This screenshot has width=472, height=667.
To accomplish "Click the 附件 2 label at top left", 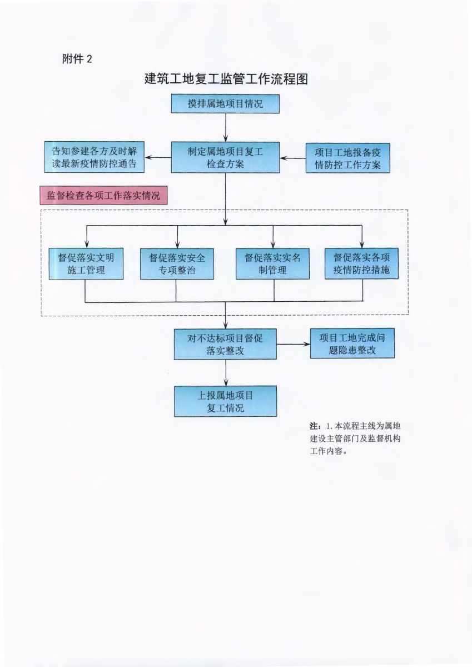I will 77,59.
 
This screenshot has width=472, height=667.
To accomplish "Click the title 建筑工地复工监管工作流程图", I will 226,79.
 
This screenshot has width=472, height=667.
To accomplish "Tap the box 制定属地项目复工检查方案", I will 225,157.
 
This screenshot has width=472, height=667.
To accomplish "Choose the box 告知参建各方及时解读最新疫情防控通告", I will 95,157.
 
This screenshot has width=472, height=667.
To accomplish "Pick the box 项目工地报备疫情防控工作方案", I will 347,158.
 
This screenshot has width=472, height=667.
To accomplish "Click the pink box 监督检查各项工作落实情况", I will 103,196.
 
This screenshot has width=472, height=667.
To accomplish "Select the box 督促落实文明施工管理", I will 86,263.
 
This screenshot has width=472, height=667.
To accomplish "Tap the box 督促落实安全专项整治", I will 177,263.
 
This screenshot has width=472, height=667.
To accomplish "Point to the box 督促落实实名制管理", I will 272,263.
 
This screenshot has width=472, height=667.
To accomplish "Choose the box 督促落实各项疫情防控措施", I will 362,263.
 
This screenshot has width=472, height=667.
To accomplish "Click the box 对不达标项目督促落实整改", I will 225,344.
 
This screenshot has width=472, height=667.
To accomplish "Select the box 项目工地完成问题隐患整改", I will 352,344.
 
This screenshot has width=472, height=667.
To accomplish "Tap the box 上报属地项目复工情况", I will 225,401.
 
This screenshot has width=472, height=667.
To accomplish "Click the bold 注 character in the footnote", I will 314,426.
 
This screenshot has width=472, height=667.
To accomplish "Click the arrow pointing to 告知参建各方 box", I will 158,157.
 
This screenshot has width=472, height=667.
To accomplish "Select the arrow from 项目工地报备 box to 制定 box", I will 292,158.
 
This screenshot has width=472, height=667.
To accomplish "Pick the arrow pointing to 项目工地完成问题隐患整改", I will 293,344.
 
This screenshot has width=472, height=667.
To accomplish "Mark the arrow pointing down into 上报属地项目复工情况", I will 225,372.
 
